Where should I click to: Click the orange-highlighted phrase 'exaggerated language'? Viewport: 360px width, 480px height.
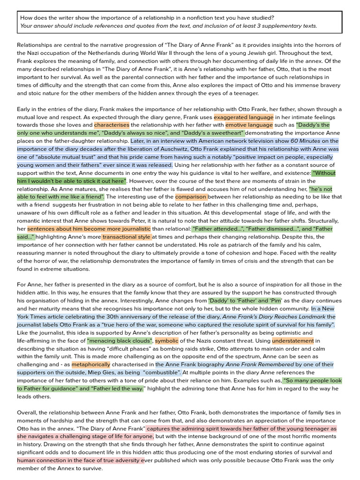click(x=244, y=117)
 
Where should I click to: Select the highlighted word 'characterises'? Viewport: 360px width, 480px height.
click(x=112, y=125)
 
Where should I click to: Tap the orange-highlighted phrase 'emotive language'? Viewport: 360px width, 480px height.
click(x=249, y=125)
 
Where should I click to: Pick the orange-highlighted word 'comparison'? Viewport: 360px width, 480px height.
click(x=191, y=197)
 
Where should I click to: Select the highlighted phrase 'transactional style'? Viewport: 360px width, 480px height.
click(x=126, y=237)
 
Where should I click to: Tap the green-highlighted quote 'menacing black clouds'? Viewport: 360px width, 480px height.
click(x=120, y=341)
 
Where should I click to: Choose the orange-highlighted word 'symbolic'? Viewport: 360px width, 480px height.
click(x=166, y=341)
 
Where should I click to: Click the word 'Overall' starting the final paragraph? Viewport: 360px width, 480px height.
click(x=28, y=412)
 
